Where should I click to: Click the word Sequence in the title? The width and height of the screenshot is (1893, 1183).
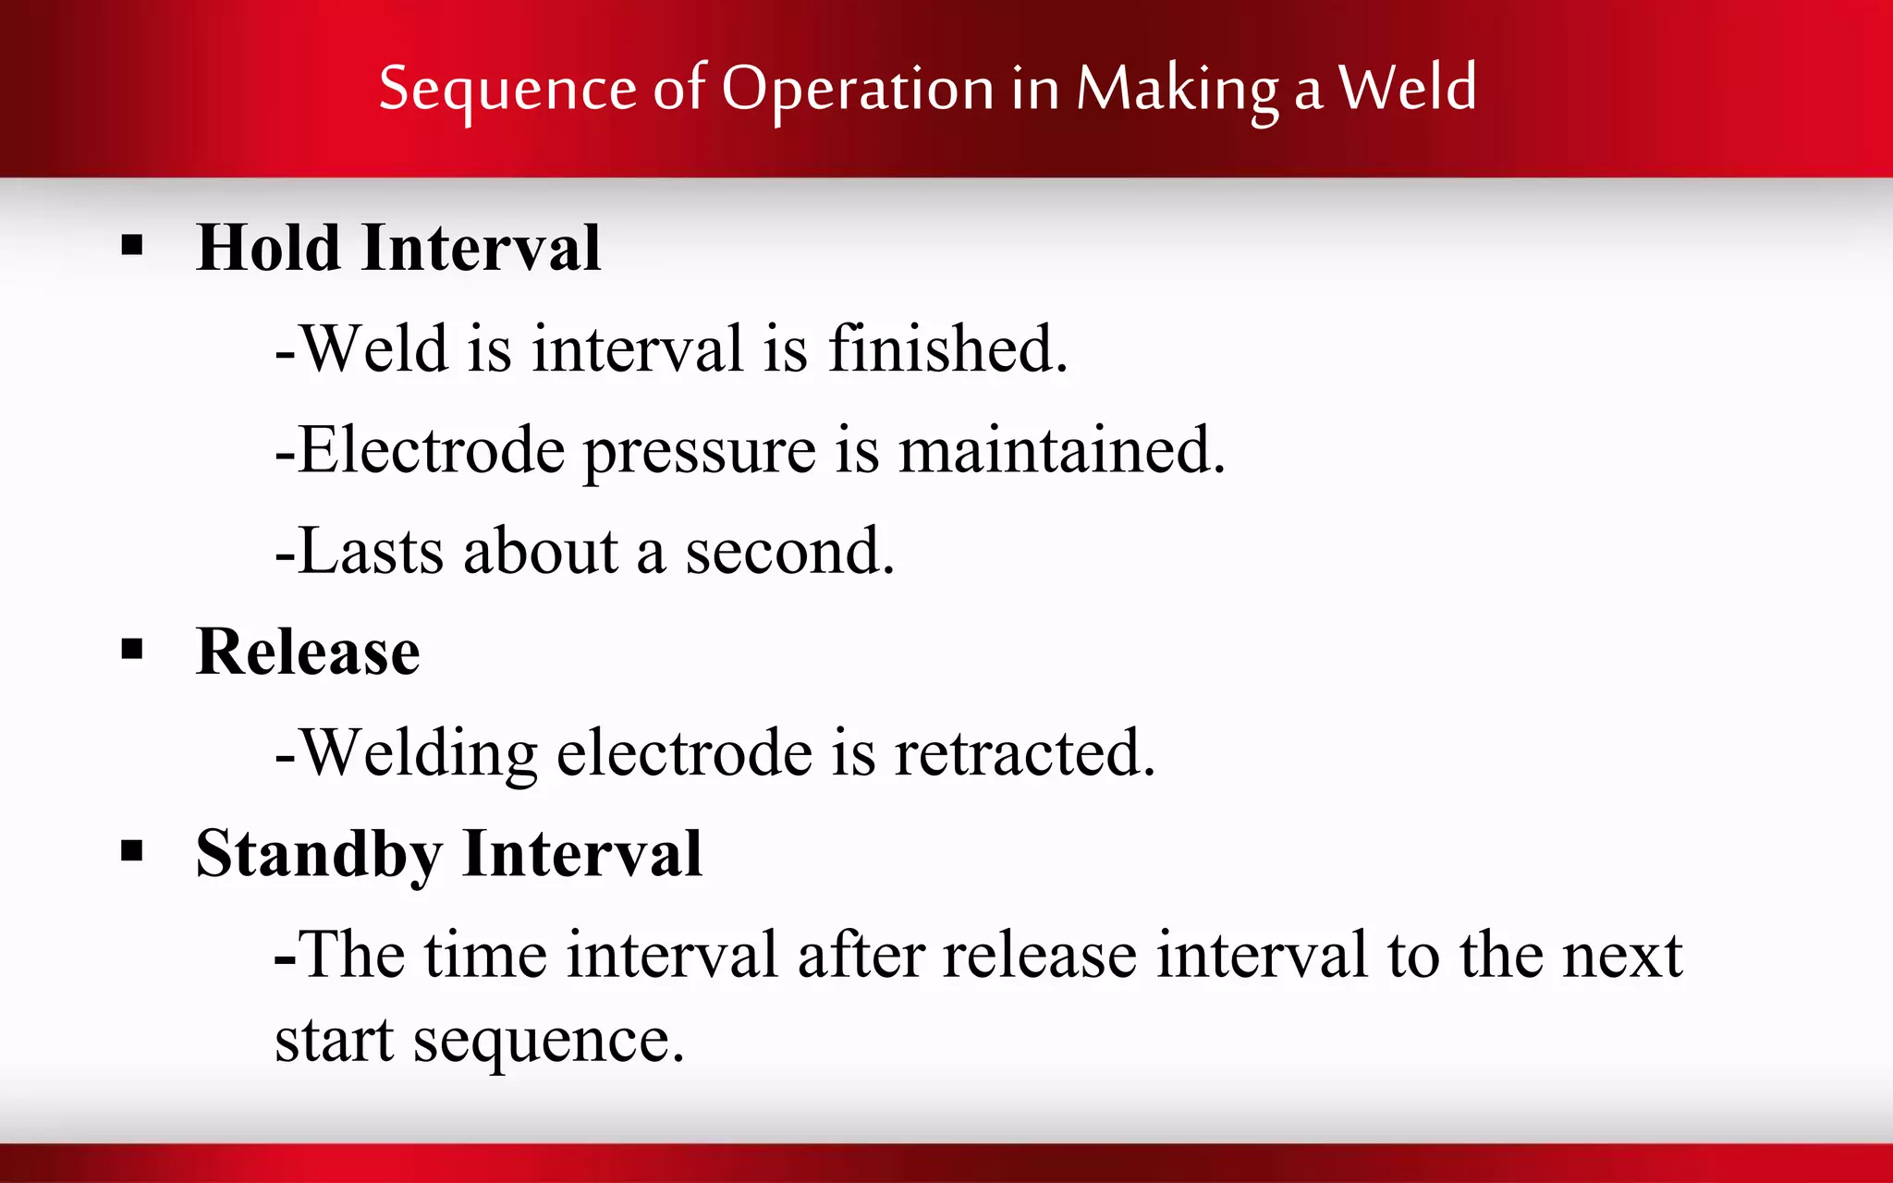[507, 91]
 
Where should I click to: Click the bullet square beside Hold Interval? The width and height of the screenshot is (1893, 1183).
[132, 246]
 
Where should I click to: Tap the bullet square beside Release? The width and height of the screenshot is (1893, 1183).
[132, 650]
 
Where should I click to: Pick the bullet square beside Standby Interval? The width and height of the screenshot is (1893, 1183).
[132, 851]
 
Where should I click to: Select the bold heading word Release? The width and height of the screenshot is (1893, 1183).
[308, 652]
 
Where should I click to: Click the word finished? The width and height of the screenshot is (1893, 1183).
[947, 349]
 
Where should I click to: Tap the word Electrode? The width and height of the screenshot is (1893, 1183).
[431, 450]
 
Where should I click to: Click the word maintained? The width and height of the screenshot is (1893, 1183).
[1061, 450]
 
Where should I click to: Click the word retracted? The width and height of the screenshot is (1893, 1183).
[1024, 753]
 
